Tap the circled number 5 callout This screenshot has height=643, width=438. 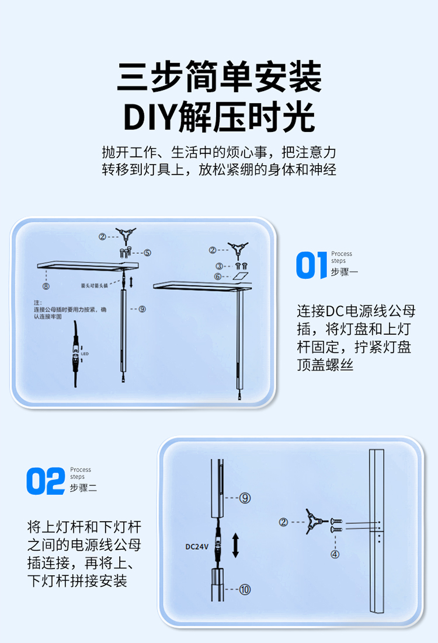[x=147, y=253]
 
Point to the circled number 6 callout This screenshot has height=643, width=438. [x=217, y=276]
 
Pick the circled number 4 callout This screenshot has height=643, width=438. [x=335, y=554]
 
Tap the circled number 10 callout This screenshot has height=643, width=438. [x=245, y=589]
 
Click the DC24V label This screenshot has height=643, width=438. [x=197, y=547]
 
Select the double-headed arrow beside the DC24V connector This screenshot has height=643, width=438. [x=235, y=544]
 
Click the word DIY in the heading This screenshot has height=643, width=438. [x=148, y=117]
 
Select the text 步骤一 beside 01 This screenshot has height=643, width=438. [x=344, y=272]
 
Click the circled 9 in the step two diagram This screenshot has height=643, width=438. [x=245, y=498]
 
